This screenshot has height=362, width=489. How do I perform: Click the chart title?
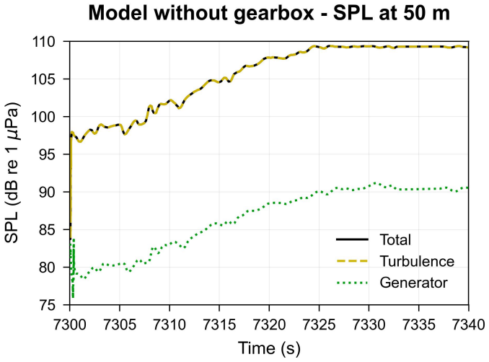269,14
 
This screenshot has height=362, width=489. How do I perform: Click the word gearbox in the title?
274,14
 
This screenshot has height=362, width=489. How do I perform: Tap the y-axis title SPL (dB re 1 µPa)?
12,172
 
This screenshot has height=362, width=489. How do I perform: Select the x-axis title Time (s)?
269,348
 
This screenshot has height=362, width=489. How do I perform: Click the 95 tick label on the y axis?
51,154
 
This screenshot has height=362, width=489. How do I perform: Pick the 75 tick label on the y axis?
51,305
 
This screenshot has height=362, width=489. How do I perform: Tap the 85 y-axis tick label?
51,230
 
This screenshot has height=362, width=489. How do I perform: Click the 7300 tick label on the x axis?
70,325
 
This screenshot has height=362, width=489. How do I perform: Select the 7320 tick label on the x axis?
269,325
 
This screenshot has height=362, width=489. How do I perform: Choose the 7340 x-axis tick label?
469,325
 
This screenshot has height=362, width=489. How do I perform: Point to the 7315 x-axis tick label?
219,325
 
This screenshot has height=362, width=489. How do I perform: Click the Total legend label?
395,240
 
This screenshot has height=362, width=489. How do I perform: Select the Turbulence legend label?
417,261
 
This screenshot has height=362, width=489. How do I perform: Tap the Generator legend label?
413,283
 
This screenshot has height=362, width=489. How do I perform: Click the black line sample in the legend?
353,240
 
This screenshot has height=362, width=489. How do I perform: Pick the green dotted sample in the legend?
353,283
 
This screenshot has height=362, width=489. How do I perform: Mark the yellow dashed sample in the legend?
353,261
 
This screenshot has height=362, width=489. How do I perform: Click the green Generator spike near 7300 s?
73,268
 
